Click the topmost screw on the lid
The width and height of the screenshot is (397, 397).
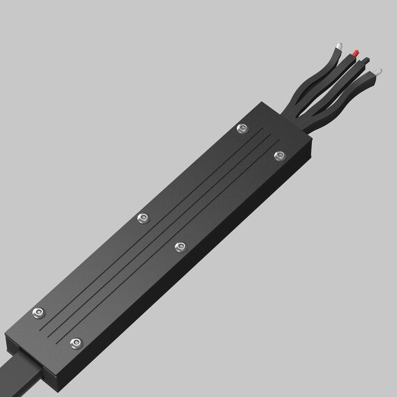pyautogui.click(x=242, y=127)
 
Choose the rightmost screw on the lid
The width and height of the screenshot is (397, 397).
pyautogui.click(x=279, y=155)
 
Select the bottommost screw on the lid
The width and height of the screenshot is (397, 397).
pyautogui.click(x=77, y=342)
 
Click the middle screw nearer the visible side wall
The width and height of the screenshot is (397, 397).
pyautogui.click(x=180, y=245)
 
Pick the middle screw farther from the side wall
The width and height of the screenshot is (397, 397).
pyautogui.click(x=143, y=219)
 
